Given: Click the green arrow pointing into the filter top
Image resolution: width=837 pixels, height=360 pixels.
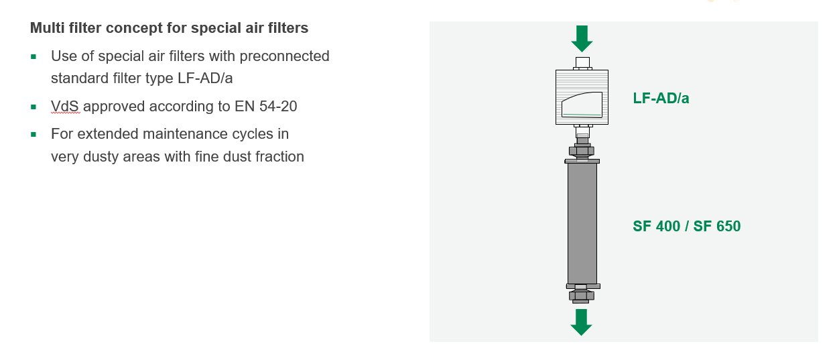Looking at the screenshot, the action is click(582, 38).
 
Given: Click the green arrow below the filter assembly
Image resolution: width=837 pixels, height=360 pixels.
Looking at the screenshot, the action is click(582, 322).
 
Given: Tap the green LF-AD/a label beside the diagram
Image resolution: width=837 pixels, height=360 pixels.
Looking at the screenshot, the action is click(661, 99).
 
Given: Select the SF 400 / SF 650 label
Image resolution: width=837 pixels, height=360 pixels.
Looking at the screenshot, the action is click(686, 226).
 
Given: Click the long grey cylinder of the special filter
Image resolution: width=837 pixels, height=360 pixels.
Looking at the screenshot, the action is click(582, 223).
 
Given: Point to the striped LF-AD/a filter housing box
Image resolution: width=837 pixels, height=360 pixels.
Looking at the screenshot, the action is click(582, 97).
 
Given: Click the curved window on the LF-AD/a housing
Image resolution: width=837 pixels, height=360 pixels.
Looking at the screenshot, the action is click(582, 105).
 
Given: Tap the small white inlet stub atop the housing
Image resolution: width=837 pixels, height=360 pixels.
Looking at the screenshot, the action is click(582, 62).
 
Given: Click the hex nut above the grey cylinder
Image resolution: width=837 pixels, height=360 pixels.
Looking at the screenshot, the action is click(582, 151).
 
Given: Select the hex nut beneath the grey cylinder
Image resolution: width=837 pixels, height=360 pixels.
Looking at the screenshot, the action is click(582, 296).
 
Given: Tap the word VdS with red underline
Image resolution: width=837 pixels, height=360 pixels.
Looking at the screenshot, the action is click(65, 106).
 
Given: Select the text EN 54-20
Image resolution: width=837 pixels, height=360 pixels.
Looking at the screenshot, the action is click(265, 106).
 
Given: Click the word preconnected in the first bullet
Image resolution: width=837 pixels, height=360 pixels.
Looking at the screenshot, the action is click(284, 56).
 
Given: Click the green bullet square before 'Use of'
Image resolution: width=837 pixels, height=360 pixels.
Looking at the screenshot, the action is click(34, 57).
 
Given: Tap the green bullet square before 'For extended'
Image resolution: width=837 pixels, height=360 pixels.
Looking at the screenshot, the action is click(34, 135).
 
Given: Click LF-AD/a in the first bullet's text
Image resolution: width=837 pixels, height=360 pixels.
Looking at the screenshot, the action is click(205, 78).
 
